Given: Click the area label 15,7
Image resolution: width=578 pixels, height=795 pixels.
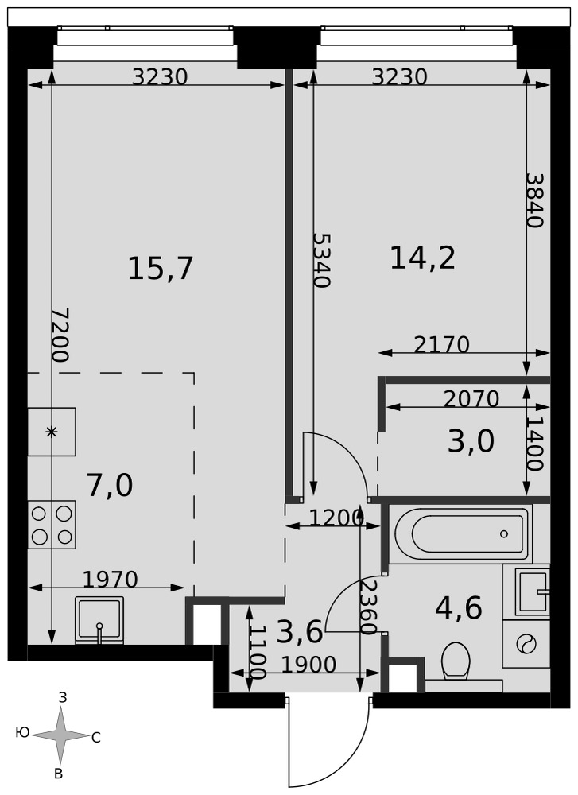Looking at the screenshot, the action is [x=161, y=268].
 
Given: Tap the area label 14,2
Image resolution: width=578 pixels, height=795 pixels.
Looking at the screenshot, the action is [x=422, y=258].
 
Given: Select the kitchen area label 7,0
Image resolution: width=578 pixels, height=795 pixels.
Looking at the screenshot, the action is [x=110, y=485].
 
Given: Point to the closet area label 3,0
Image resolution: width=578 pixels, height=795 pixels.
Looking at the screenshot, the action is [x=471, y=441].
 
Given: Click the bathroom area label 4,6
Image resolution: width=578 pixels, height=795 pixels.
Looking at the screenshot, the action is [x=458, y=608].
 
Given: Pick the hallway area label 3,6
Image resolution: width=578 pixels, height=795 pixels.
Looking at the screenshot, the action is [x=301, y=632].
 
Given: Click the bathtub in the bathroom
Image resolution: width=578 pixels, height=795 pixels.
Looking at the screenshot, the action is [x=461, y=533].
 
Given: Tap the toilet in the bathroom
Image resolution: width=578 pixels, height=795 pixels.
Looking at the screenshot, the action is [x=456, y=661].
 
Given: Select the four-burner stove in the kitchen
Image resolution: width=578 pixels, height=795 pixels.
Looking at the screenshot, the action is [x=52, y=525].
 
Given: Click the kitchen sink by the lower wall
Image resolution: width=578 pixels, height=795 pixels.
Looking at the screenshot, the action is [x=99, y=620].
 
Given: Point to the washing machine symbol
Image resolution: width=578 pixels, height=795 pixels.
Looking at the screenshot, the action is [x=526, y=644].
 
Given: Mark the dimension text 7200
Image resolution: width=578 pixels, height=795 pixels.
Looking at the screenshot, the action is [x=60, y=335].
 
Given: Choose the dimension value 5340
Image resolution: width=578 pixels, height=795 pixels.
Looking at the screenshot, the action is [x=321, y=260].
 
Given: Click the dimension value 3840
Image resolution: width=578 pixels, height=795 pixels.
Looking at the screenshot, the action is [x=534, y=200].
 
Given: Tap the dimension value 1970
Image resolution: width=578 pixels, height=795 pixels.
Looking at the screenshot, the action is [x=110, y=579].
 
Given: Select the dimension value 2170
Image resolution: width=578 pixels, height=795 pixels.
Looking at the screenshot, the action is [x=441, y=345].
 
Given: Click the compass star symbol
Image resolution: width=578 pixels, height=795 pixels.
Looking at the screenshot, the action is [x=61, y=734].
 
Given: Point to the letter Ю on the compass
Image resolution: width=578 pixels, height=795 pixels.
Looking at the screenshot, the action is [x=22, y=732].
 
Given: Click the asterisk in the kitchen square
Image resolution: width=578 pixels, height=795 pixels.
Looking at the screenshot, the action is [x=51, y=432].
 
